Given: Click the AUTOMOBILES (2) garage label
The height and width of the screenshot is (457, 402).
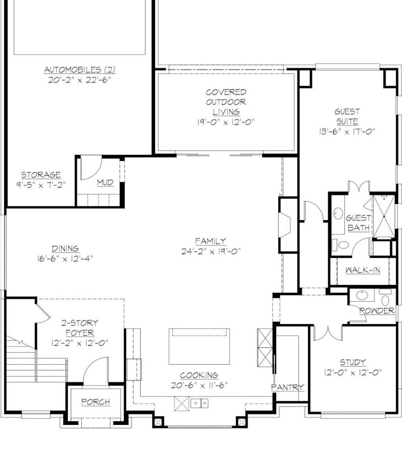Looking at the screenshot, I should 79,70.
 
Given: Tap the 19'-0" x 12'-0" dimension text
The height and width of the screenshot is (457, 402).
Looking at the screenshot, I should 226,122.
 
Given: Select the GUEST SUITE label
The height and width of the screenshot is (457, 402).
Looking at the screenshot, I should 347,117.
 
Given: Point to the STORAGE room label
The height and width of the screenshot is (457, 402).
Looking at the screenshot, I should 41,175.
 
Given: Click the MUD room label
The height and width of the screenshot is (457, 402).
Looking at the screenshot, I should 105,182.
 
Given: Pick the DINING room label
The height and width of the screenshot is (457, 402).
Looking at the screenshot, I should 65,249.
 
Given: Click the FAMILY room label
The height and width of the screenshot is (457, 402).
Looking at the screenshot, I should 210,241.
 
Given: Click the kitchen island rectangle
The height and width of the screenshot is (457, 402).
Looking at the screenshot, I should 199,346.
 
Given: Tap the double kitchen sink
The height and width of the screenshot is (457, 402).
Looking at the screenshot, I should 200,403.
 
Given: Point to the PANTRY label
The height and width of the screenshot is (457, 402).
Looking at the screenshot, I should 288,387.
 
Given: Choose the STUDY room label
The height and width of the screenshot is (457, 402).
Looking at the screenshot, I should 353,362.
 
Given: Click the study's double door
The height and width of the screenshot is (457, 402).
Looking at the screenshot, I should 328,332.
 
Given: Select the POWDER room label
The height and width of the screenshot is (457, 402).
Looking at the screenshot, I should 377,311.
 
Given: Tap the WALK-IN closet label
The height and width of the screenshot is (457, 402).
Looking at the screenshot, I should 363,270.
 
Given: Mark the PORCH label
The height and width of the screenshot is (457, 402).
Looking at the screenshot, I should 96,402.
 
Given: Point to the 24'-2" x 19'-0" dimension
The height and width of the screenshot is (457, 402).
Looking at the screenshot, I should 211,251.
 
